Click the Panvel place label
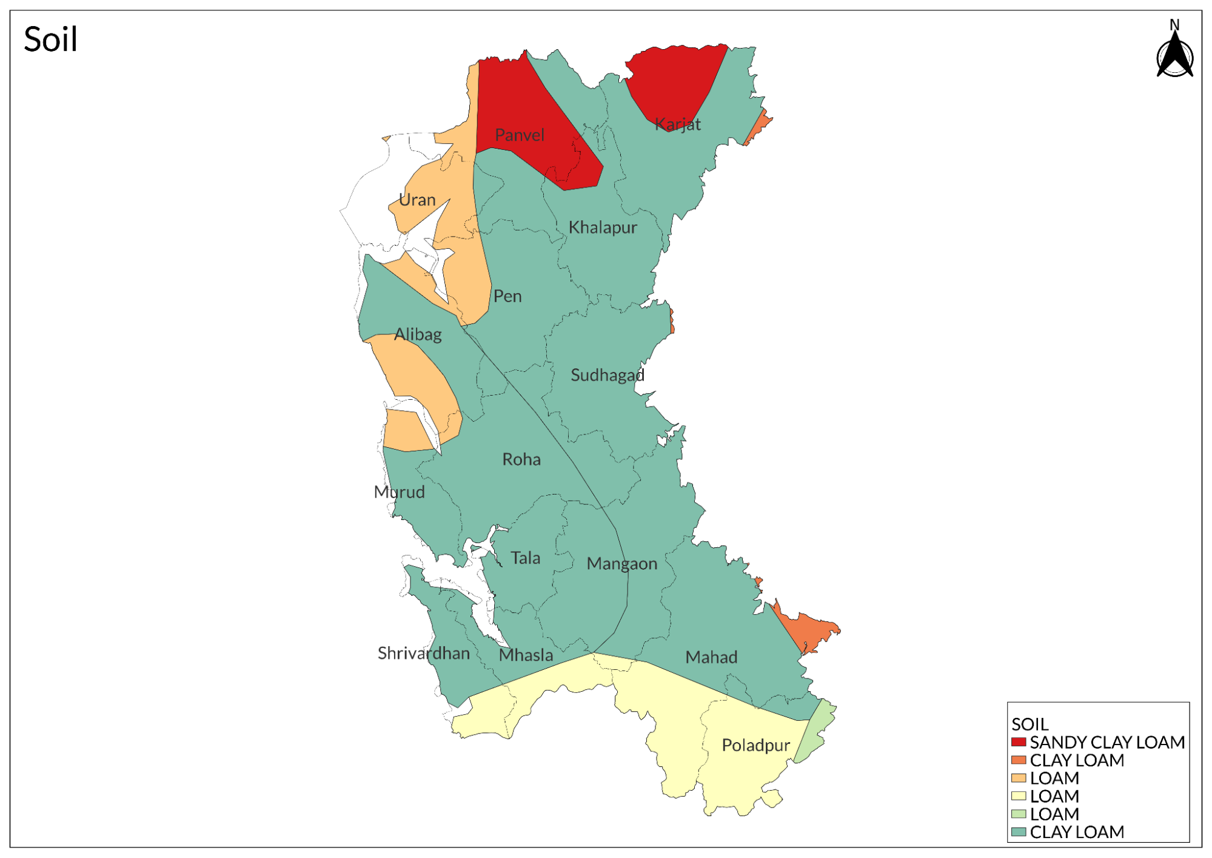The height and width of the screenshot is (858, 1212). coord(520,135)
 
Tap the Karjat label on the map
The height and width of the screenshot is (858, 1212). coord(678,124)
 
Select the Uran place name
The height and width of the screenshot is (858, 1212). coord(417,200)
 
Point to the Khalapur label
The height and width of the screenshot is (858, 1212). coord(603,228)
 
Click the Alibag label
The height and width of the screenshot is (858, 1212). coord(418,334)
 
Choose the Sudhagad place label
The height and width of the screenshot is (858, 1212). coord(607,375)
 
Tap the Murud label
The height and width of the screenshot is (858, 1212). coord(399,491)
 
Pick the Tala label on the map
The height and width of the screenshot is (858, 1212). coord(525,558)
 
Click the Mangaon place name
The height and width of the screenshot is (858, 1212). coord(621,564)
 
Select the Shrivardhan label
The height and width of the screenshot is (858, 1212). coord(424,653)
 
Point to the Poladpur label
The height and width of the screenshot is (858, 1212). coord(755,745)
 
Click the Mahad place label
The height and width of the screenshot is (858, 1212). coord(711,657)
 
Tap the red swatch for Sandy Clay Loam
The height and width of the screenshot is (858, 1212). coord(1019,742)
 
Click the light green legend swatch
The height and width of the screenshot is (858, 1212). coord(1019,814)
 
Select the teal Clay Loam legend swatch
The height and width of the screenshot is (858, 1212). coord(1019,832)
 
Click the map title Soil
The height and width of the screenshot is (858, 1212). coord(50,39)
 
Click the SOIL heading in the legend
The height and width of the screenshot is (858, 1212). coord(1030,724)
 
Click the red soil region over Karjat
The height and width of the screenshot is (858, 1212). coord(676,79)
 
